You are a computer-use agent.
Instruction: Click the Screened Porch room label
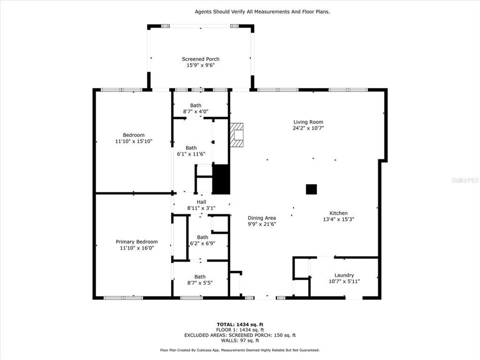click(200, 59)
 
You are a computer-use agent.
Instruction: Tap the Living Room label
click(308, 122)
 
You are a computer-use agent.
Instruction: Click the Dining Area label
click(261, 218)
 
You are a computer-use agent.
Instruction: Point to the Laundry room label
click(344, 275)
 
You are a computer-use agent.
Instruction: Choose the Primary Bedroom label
click(136, 241)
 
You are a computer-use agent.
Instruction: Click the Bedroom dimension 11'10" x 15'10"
click(133, 141)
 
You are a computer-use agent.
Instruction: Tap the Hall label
click(201, 201)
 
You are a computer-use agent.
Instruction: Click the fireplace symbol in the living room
click(238, 134)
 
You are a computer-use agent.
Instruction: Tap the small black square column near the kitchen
click(311, 189)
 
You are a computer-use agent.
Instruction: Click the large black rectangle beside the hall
click(220, 178)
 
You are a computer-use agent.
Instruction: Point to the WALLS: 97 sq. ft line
click(240, 340)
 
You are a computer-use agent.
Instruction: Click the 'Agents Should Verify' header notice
click(262, 11)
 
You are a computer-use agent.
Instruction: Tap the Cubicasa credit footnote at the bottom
click(240, 350)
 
